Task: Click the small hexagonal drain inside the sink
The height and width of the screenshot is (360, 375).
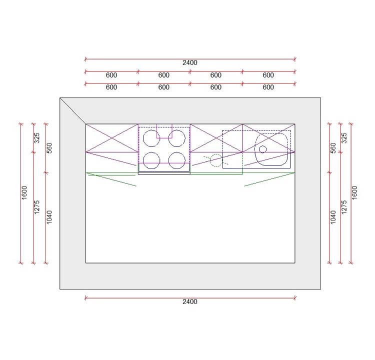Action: [263, 149]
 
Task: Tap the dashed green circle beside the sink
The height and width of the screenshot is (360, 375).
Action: [210, 160]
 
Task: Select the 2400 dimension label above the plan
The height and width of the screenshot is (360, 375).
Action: [190, 62]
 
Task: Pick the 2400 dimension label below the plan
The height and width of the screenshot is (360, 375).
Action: [190, 301]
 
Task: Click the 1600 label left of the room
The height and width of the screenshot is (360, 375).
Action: [24, 192]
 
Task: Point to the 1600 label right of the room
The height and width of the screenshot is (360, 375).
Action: [354, 192]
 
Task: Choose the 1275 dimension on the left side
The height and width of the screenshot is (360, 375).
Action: [36, 207]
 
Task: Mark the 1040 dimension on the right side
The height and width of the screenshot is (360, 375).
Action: [333, 217]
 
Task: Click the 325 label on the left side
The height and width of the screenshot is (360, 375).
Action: [36, 138]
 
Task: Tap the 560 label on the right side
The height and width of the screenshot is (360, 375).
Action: [333, 148]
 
